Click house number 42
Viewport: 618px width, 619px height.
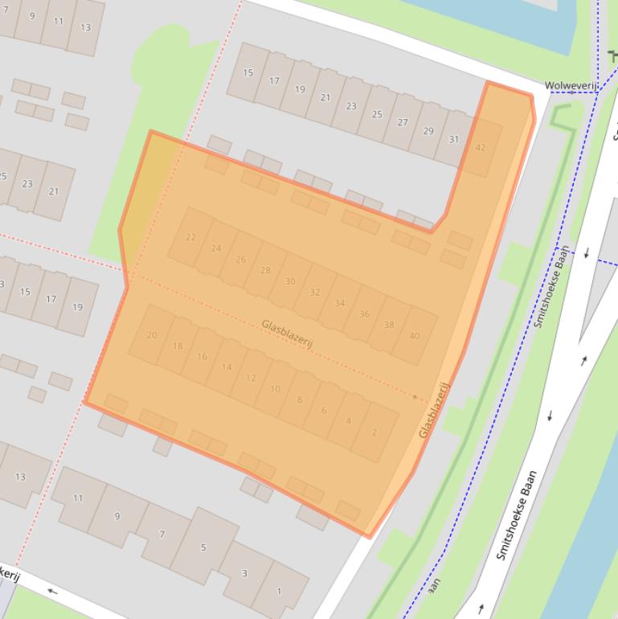[x=481, y=148]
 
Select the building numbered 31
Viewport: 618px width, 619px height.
[x=454, y=139]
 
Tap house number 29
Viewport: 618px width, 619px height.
[x=428, y=131]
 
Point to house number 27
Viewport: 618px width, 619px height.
[x=403, y=122]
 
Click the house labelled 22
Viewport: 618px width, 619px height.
[x=190, y=237]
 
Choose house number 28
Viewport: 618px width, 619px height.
[x=265, y=270]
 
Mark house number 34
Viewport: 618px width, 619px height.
[x=340, y=303]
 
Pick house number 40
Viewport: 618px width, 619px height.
[x=415, y=336]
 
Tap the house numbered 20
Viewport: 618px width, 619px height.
[x=152, y=335]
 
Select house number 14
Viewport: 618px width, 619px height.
[x=227, y=367]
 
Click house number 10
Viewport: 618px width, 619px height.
[x=276, y=389]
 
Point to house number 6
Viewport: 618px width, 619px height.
[x=325, y=411]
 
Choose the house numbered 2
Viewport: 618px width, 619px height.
[x=374, y=432]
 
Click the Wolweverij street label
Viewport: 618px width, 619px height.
[x=567, y=85]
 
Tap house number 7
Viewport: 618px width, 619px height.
[x=162, y=534]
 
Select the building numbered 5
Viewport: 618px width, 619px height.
[x=203, y=547]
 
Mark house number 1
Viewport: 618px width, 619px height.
[x=280, y=591]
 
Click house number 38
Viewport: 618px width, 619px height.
[x=389, y=325]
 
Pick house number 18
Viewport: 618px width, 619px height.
[x=178, y=346]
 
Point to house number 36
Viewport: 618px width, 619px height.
[x=364, y=314]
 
